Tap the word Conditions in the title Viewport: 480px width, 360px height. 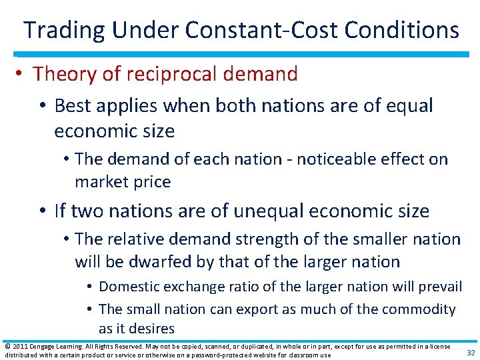(399, 30)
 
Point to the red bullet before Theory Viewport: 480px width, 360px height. (22, 74)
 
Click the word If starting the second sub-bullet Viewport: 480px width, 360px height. (61, 211)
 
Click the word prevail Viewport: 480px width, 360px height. (440, 287)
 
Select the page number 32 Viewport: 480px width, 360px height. (469, 352)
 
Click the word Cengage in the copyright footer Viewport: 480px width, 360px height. (41, 346)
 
